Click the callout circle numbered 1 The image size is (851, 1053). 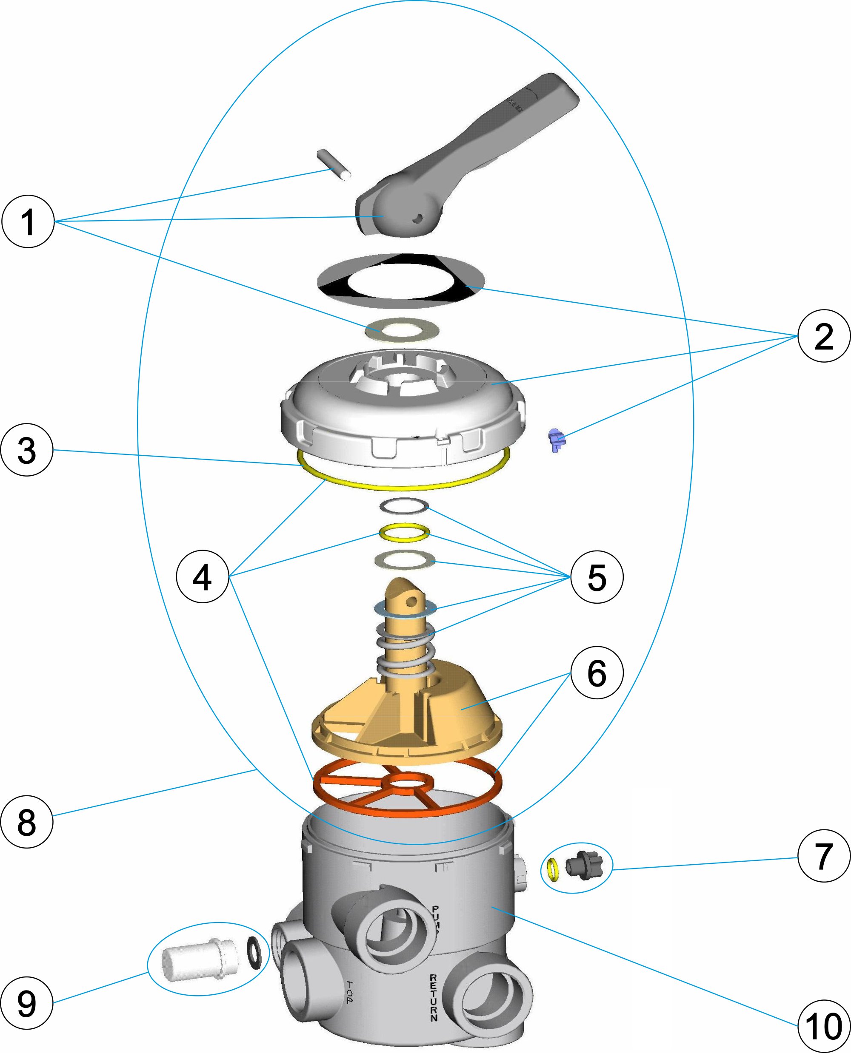[x=28, y=221]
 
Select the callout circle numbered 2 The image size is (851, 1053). [x=823, y=336]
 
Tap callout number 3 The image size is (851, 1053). [x=26, y=450]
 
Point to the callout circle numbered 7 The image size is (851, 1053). [x=823, y=856]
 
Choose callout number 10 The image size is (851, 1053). [x=823, y=1026]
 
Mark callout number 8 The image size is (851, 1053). [x=26, y=822]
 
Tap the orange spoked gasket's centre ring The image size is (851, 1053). [x=407, y=783]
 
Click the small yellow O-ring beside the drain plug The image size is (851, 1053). [x=554, y=869]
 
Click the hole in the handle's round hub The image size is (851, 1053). [x=418, y=219]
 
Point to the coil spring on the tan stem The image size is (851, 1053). [x=406, y=649]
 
